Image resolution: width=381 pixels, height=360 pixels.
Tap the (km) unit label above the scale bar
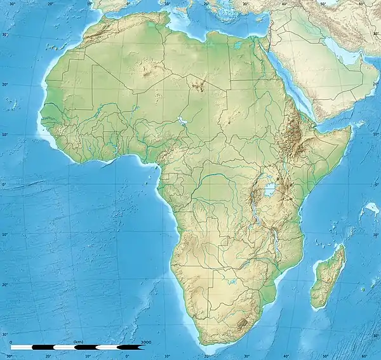point(78,343)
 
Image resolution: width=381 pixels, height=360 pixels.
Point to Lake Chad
point(182,121)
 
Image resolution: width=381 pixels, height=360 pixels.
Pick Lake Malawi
point(275,239)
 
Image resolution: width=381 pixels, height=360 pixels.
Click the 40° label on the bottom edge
point(286,356)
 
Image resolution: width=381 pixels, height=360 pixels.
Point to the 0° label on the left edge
point(3,184)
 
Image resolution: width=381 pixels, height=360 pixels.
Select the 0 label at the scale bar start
point(11,343)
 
